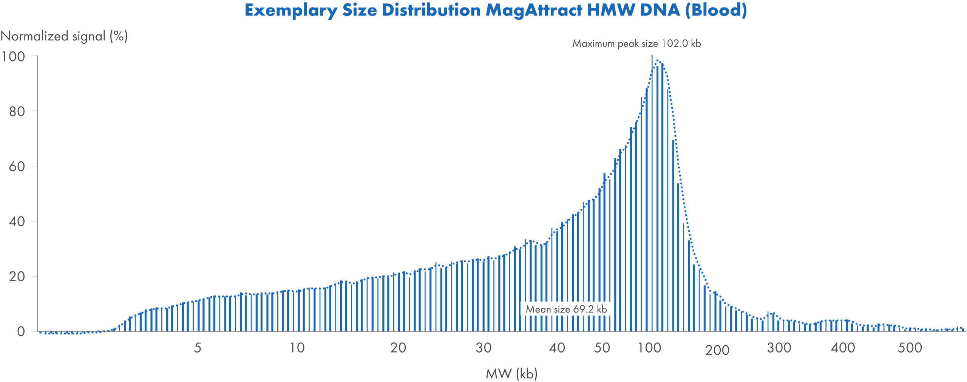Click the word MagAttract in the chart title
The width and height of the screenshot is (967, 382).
point(534,10)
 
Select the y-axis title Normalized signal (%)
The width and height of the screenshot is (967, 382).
point(64,36)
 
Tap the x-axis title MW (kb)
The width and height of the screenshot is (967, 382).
point(511,373)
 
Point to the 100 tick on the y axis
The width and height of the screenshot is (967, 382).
point(13,57)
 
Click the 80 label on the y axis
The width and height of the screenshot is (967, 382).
point(17,112)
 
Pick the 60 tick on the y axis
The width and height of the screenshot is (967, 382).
point(17,166)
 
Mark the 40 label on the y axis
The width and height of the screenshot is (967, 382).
point(17,222)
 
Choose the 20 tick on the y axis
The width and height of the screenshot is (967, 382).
point(17,277)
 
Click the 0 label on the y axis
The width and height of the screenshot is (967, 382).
point(21,331)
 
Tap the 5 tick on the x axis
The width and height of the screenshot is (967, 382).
point(198,348)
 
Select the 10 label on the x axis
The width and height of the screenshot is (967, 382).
point(297,348)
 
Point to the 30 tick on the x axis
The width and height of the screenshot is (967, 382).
point(483,348)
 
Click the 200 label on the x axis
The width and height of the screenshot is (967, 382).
point(717,350)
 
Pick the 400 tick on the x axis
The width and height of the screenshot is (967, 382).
point(843,348)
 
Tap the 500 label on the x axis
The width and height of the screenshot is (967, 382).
point(910,348)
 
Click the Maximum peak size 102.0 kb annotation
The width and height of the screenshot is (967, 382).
point(636,43)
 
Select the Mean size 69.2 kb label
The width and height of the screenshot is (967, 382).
point(566,309)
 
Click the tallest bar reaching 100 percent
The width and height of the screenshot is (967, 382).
point(652,189)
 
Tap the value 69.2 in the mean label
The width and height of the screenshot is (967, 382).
point(583,309)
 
